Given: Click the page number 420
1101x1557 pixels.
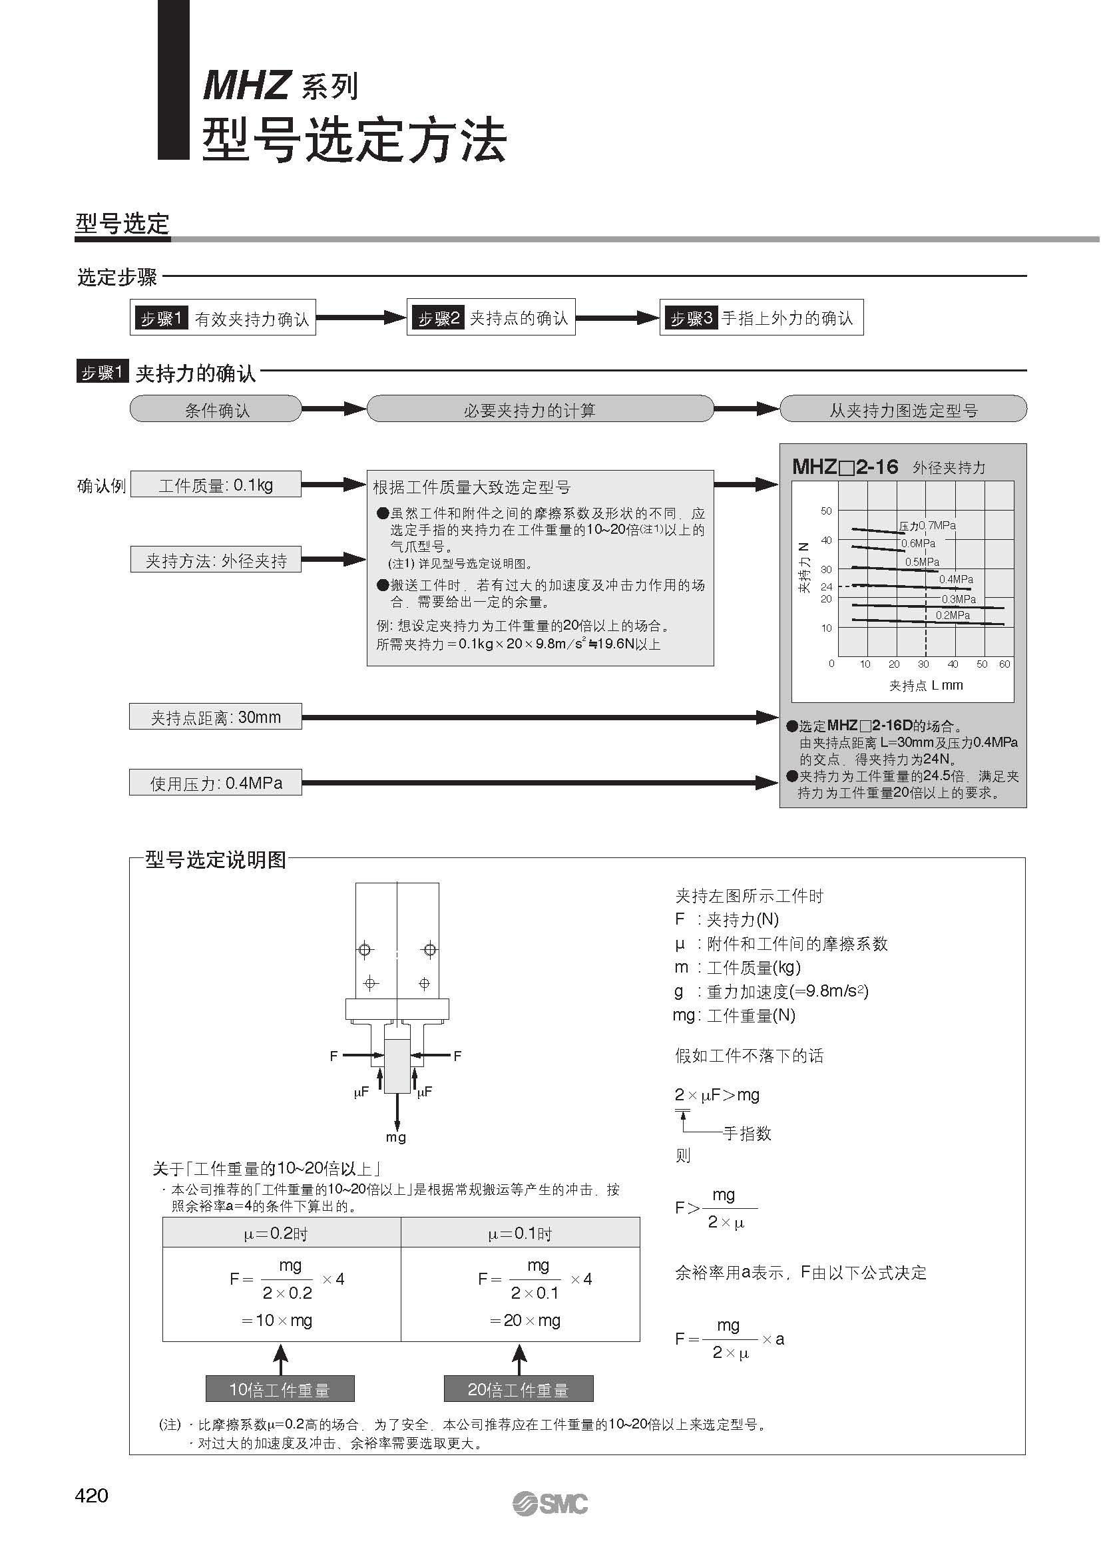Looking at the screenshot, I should tap(91, 1495).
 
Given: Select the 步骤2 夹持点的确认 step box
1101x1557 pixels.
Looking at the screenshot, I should tap(491, 318).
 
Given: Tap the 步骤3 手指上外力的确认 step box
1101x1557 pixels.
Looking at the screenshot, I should tap(761, 318).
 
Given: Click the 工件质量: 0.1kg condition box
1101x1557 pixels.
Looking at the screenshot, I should tap(216, 485).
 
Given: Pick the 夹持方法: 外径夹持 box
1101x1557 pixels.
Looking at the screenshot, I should tap(216, 560).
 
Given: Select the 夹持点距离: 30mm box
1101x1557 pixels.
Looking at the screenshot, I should tap(216, 717).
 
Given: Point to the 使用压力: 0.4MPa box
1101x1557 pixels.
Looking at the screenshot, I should tap(216, 783).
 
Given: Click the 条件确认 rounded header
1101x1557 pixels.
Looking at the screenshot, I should tap(216, 409).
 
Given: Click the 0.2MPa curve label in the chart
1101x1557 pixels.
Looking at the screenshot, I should tap(953, 615).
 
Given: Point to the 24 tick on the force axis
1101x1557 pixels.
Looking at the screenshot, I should tap(827, 586).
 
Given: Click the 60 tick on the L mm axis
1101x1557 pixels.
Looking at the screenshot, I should tap(1004, 664).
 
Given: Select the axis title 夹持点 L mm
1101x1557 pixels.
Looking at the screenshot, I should tap(926, 686).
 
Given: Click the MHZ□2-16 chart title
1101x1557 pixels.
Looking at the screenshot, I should tap(845, 467).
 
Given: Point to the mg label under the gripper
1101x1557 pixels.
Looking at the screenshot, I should tap(396, 1137).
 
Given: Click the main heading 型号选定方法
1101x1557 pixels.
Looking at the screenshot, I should tap(354, 140).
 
